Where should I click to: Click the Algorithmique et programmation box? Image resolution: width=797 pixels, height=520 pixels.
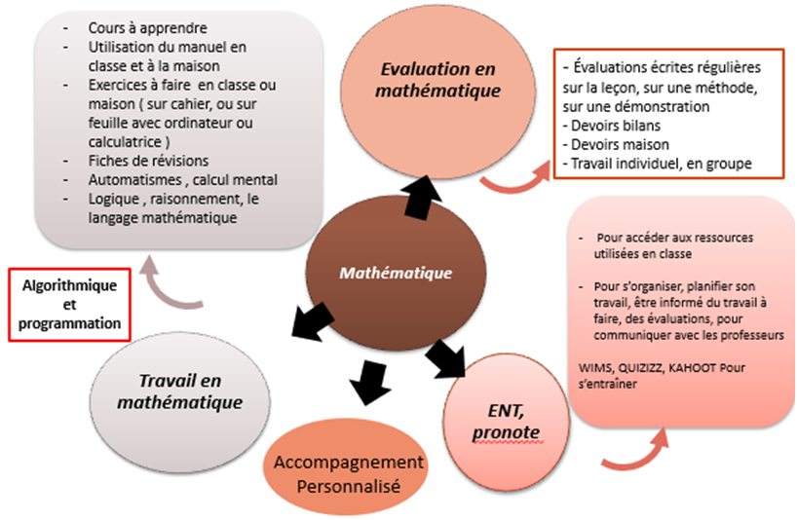coord(69,304)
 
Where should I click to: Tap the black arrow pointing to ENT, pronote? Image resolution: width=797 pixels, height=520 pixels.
coord(450,359)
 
